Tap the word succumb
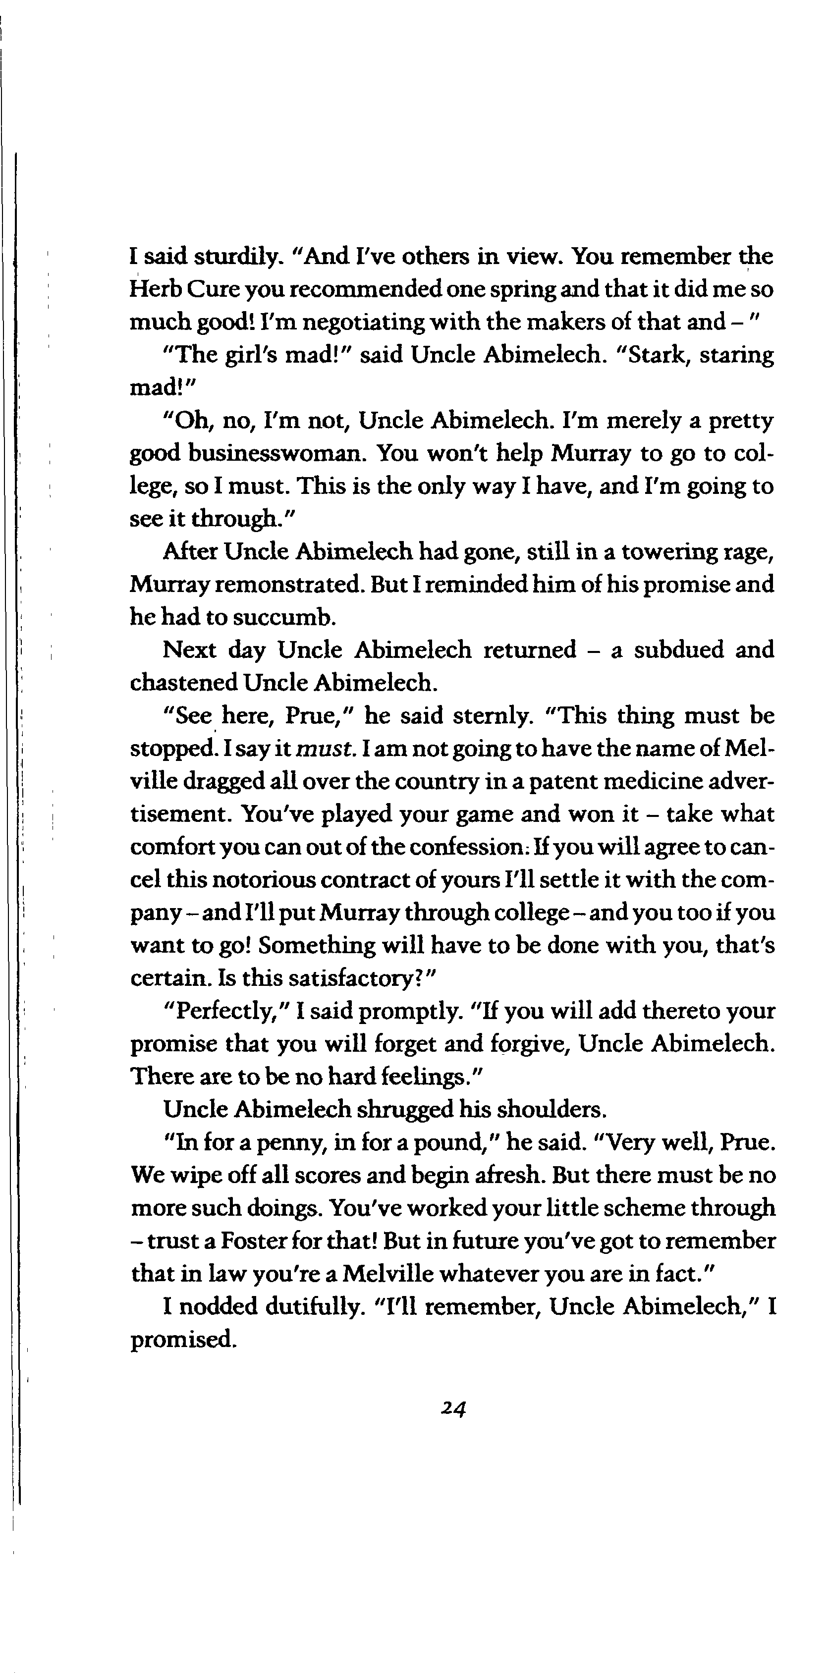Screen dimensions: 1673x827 pos(284,617)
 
